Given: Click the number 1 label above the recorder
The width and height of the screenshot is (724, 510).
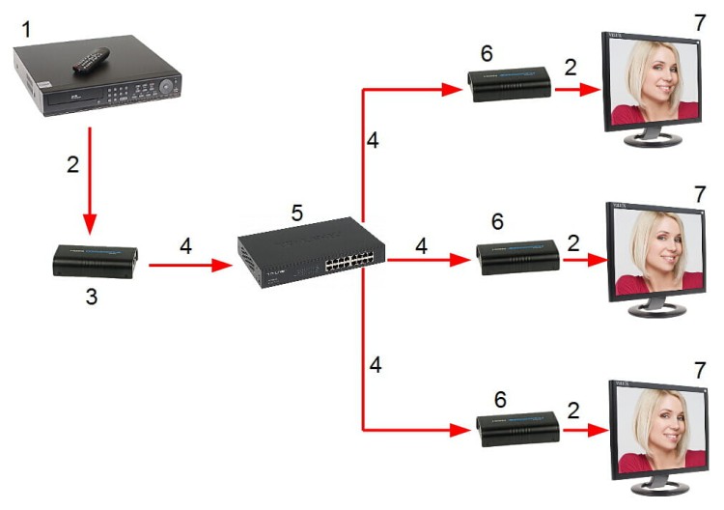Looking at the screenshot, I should (27, 30).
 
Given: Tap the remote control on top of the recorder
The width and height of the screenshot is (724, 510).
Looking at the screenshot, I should (97, 61).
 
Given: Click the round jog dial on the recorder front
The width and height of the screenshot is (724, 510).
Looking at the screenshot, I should (170, 86).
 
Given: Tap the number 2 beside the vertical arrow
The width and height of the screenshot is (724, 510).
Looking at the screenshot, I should (72, 164).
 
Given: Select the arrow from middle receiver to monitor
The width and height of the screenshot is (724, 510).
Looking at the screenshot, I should (579, 259).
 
